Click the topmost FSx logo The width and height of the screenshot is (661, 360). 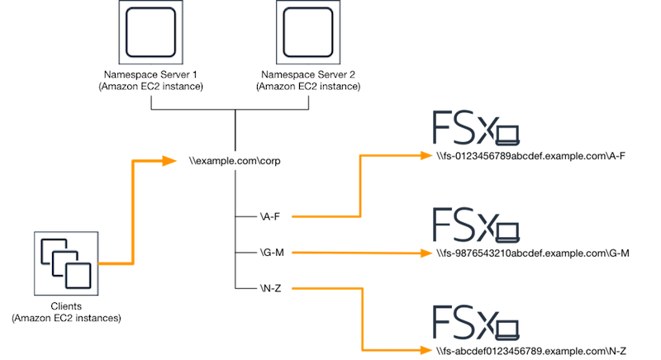coord(477,129)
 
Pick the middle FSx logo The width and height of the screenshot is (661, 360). coord(477,223)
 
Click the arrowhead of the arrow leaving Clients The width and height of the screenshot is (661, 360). coord(171,160)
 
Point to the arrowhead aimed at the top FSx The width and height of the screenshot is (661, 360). coord(426,154)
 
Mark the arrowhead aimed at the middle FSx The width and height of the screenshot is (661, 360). coord(426,252)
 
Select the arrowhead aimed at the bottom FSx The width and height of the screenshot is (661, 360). coord(426,348)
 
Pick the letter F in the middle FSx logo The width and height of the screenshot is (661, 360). coord(444,223)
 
